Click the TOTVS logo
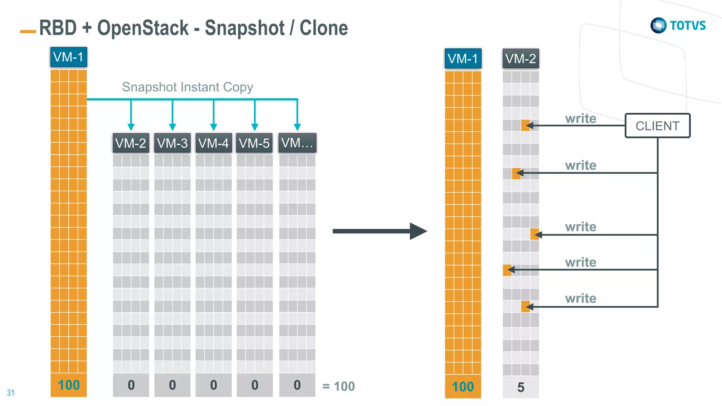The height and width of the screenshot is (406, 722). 678,25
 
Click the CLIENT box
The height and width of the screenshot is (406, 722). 657,126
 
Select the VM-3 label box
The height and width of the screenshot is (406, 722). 172,143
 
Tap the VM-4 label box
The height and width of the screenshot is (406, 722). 213,143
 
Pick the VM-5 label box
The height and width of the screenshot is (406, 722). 254,143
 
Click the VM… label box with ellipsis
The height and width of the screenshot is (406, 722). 297,143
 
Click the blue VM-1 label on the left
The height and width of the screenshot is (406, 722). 68,57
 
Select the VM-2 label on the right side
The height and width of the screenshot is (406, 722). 520,58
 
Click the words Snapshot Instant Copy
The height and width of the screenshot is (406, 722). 187,87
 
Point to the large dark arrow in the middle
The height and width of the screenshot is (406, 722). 379,231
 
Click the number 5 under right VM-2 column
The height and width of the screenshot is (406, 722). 521,387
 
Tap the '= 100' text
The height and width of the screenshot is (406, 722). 338,387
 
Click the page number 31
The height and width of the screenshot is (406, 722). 11,393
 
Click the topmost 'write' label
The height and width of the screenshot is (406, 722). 580,119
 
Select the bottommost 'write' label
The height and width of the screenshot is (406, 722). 580,298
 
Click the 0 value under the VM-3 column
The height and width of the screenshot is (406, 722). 172,385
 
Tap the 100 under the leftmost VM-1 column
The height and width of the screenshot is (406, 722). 69,385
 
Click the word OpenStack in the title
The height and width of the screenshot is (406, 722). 143,28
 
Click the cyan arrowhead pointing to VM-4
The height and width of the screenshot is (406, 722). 213,127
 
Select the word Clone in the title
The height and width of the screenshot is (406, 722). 323,28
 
